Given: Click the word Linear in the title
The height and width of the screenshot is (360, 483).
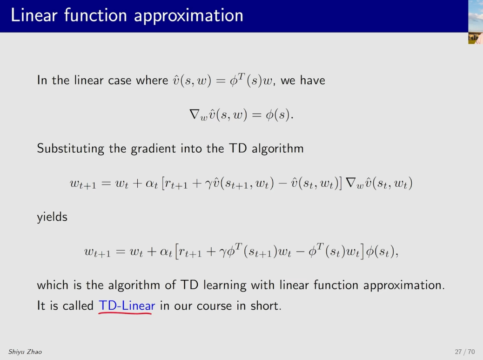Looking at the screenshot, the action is tap(34, 15).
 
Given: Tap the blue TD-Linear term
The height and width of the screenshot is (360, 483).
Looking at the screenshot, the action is tap(127, 306).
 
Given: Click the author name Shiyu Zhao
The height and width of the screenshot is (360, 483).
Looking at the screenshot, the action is tap(25, 352).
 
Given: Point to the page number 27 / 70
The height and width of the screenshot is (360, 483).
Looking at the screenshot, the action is tap(464, 352).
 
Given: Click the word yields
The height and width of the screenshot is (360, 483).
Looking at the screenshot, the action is tap(52, 217).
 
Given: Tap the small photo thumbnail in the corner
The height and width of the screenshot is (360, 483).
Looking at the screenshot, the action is tap(476, 22).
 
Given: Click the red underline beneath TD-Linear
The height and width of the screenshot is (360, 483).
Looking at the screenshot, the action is tap(125, 313).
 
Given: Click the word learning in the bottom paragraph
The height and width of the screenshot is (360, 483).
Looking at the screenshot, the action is tap(225, 285).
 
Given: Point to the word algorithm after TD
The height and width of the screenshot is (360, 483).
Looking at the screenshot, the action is tap(277, 149).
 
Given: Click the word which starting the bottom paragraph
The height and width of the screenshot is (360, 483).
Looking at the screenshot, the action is tap(53, 285).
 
